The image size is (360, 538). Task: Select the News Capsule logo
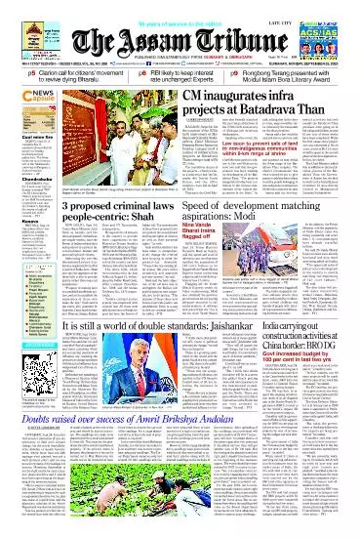[20, 98]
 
